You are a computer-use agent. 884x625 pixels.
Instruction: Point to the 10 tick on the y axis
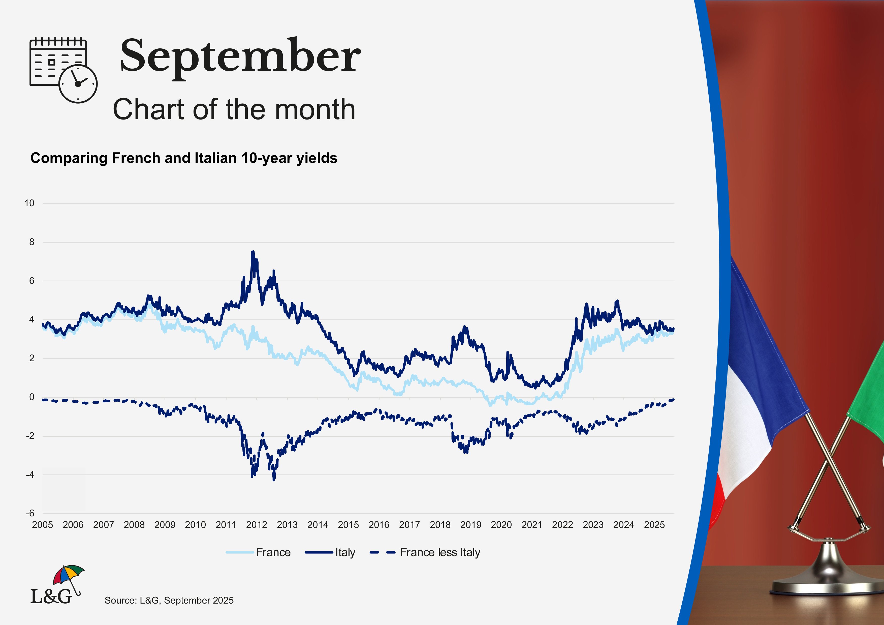tap(29, 203)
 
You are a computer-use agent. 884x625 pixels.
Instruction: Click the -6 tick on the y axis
tap(30, 513)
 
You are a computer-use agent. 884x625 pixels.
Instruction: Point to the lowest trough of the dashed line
tap(274, 480)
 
